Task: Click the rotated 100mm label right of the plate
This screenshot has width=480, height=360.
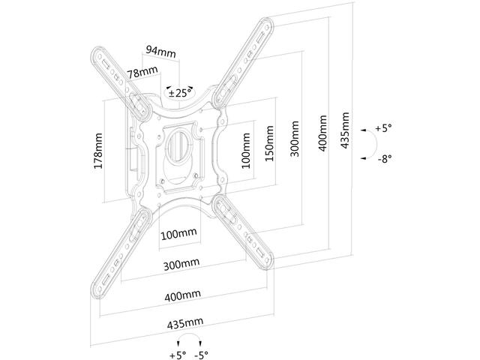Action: (246, 150)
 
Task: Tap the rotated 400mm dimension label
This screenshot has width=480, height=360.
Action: (322, 134)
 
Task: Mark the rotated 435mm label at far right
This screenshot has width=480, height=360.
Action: (345, 131)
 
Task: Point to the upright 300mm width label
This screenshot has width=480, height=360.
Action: (180, 264)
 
